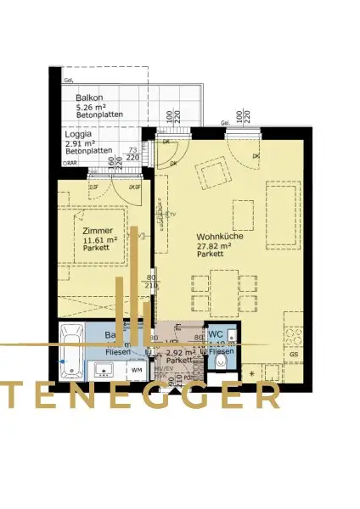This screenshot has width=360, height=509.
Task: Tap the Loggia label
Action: click(x=82, y=134)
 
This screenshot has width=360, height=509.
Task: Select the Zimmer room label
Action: click(x=98, y=230)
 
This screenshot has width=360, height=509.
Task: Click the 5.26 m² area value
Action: click(x=91, y=108)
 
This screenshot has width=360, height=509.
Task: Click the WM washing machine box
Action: click(x=137, y=371)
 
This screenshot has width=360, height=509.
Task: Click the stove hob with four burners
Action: click(x=295, y=336)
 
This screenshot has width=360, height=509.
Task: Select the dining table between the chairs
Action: click(x=224, y=292)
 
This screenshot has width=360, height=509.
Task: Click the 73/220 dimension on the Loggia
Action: click(x=132, y=154)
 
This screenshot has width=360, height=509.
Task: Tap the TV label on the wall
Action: click(x=171, y=215)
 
